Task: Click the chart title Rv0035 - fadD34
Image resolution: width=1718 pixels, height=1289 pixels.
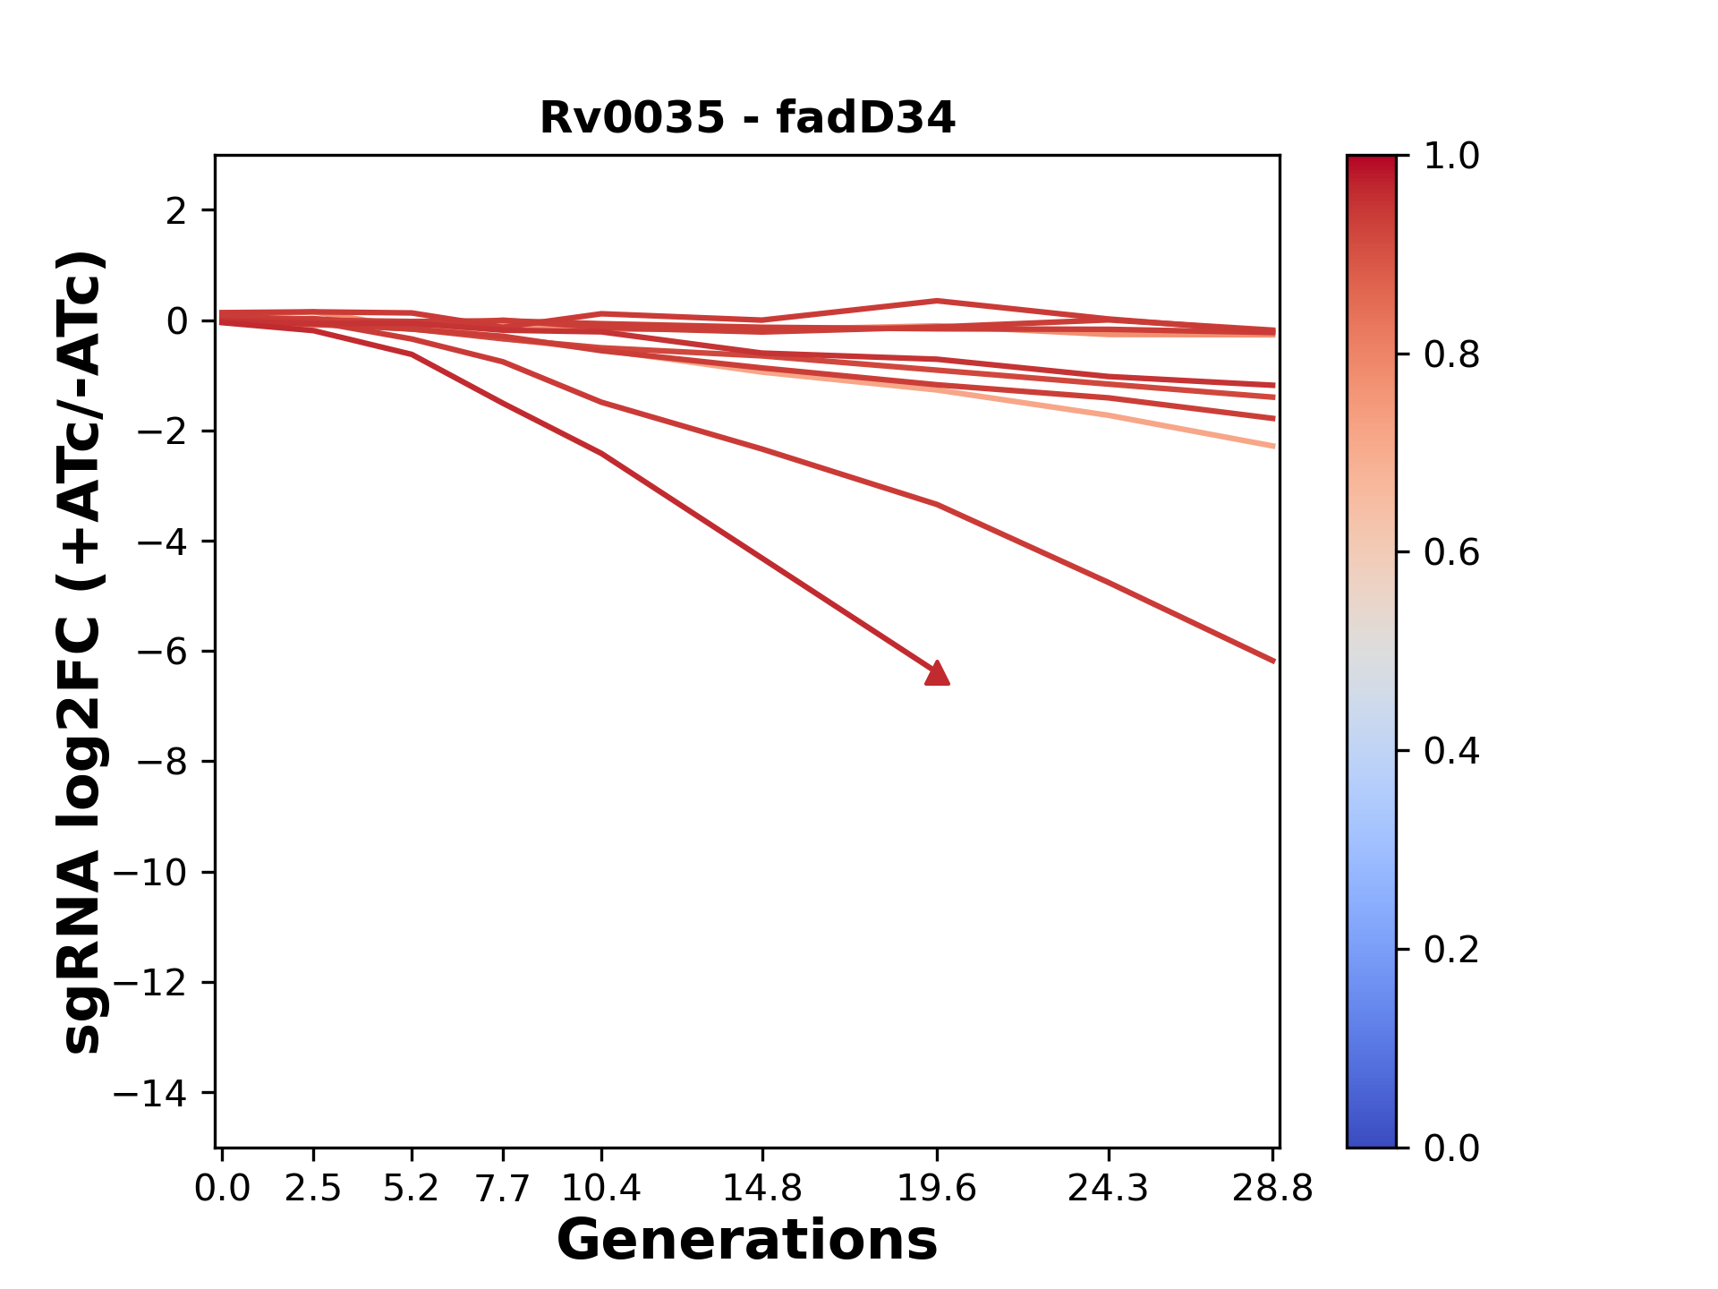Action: click(747, 118)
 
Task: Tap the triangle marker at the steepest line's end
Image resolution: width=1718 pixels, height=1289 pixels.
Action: click(937, 674)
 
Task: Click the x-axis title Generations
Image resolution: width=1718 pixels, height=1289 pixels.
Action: click(747, 1241)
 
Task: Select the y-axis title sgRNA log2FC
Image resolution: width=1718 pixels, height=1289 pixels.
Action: click(82, 652)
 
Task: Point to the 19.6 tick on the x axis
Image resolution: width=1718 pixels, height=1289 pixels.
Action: click(937, 1189)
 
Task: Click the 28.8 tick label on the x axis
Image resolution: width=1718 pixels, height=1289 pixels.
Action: click(1272, 1189)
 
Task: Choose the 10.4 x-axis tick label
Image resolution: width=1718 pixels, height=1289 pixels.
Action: click(601, 1189)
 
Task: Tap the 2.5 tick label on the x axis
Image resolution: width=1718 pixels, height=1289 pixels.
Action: click(313, 1189)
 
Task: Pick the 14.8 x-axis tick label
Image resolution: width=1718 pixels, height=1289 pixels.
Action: click(761, 1189)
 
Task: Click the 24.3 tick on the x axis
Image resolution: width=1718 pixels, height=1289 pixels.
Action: click(1109, 1189)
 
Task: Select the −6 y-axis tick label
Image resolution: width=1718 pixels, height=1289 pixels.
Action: click(162, 652)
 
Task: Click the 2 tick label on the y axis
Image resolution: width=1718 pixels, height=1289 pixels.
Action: click(176, 211)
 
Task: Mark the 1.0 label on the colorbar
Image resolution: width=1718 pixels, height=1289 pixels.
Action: click(1451, 157)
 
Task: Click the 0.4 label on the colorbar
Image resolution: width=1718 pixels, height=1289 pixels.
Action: click(1451, 751)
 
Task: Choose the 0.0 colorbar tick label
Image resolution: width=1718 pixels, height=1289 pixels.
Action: click(1451, 1148)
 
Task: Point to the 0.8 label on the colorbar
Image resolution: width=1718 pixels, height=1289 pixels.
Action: click(1451, 355)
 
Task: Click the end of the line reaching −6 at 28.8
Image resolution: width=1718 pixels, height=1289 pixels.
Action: click(1272, 661)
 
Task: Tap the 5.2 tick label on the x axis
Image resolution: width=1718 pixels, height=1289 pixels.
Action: click(411, 1189)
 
